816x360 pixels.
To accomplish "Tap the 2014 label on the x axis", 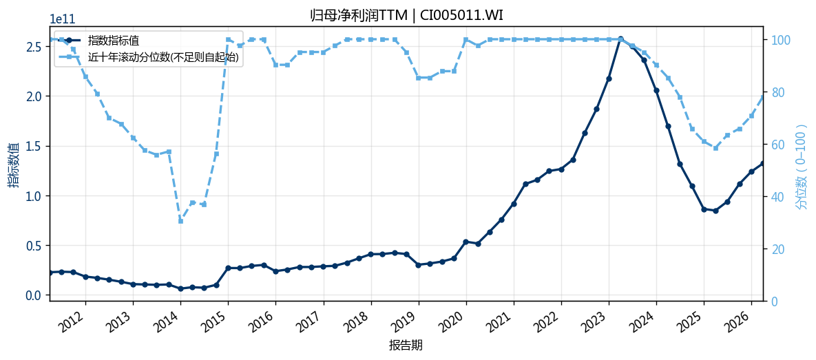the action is point(167,319).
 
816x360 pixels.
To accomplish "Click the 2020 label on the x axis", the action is point(452,319).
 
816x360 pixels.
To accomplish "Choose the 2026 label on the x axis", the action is point(738,319).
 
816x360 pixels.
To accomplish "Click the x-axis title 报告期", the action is point(406,345).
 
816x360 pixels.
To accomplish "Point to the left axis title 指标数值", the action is point(12,165).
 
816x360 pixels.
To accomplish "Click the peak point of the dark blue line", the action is point(620,39).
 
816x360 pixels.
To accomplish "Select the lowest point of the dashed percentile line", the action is point(180,221).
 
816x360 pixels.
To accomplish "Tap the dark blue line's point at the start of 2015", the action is point(228,268).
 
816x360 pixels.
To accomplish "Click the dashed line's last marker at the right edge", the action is point(763,97).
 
